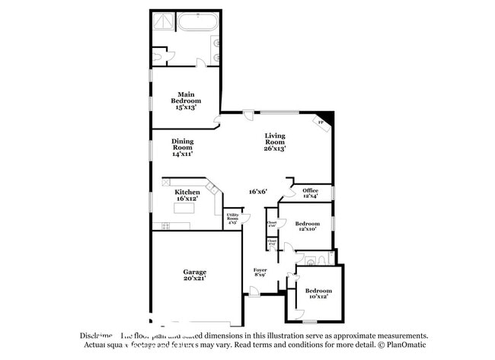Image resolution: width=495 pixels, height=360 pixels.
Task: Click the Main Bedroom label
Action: click(x=186, y=99)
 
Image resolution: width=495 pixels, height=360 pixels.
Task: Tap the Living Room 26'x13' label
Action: click(x=275, y=142)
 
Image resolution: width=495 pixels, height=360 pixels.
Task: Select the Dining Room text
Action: click(x=182, y=147)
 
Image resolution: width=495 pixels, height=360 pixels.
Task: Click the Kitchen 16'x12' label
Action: click(x=187, y=195)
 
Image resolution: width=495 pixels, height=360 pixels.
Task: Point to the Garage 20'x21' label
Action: click(x=194, y=275)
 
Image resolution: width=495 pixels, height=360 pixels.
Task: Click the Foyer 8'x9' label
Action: click(x=260, y=272)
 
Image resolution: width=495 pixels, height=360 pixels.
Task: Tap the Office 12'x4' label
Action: click(x=310, y=193)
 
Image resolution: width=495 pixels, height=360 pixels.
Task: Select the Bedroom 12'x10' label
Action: click(x=305, y=225)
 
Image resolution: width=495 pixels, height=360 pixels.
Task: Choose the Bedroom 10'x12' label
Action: click(x=318, y=293)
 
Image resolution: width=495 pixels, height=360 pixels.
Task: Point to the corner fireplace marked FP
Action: click(x=321, y=122)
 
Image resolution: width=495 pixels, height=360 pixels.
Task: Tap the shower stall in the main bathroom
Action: click(x=161, y=21)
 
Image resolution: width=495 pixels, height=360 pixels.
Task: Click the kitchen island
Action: click(x=180, y=226)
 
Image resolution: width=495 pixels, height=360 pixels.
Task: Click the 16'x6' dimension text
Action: click(x=258, y=192)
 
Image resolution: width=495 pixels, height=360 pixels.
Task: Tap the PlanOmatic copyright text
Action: click(x=403, y=344)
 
